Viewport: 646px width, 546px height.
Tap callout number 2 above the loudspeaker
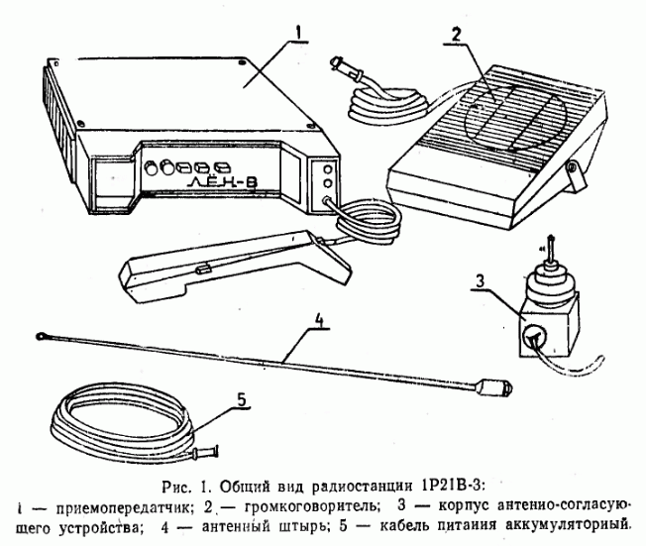(x=454, y=34)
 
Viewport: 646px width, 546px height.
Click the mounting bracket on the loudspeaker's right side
(x=572, y=181)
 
